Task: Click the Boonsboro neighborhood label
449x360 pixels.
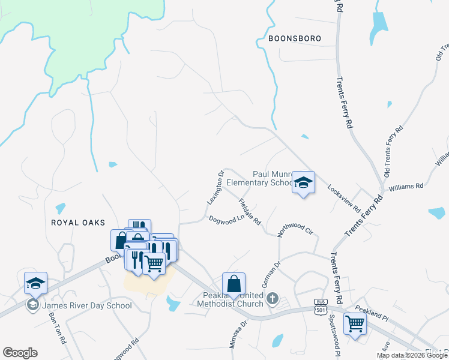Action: click(295, 38)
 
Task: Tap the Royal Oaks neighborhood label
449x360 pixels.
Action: click(78, 222)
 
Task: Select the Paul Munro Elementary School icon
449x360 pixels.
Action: click(303, 183)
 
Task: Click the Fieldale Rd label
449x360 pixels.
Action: click(250, 212)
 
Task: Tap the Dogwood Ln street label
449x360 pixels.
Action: click(224, 219)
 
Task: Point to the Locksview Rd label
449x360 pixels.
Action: click(344, 199)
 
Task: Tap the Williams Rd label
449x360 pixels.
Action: click(406, 187)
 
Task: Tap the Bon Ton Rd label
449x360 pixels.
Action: click(57, 329)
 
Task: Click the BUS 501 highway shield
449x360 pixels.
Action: click(319, 305)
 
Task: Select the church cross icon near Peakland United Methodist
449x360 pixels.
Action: click(273, 298)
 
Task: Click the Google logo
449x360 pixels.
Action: click(20, 353)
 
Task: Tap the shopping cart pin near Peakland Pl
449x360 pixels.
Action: click(355, 324)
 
